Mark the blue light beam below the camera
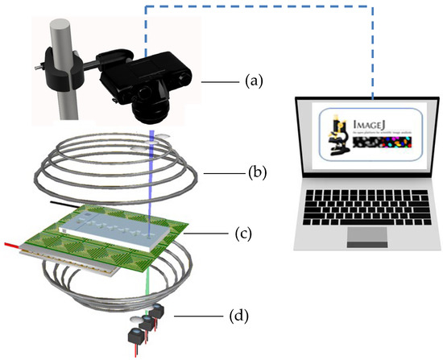point(154,169)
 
